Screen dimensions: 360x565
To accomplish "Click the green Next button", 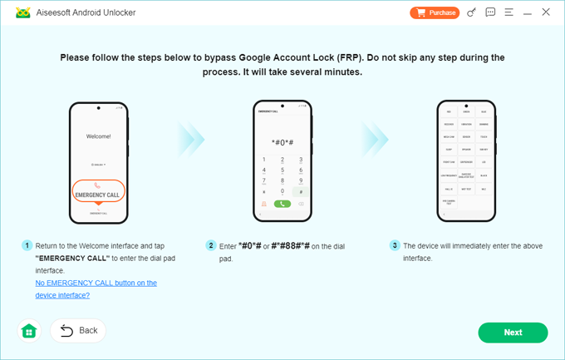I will [513, 333].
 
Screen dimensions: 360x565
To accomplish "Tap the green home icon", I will [29, 331].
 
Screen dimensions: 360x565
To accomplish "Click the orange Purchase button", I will [435, 12].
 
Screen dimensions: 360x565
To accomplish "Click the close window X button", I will [546, 12].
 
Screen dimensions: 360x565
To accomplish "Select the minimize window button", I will [528, 12].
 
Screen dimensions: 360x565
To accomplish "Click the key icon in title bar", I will [472, 12].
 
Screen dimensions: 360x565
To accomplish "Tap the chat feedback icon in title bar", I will [490, 12].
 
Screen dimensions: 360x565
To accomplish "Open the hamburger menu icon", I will [508, 12].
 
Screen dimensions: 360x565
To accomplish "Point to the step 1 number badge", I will [27, 246].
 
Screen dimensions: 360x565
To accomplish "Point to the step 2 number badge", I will [211, 246].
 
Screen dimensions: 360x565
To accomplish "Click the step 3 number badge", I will [395, 246].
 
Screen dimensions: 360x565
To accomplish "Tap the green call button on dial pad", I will [282, 203].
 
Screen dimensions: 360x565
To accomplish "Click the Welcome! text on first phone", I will [98, 136].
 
